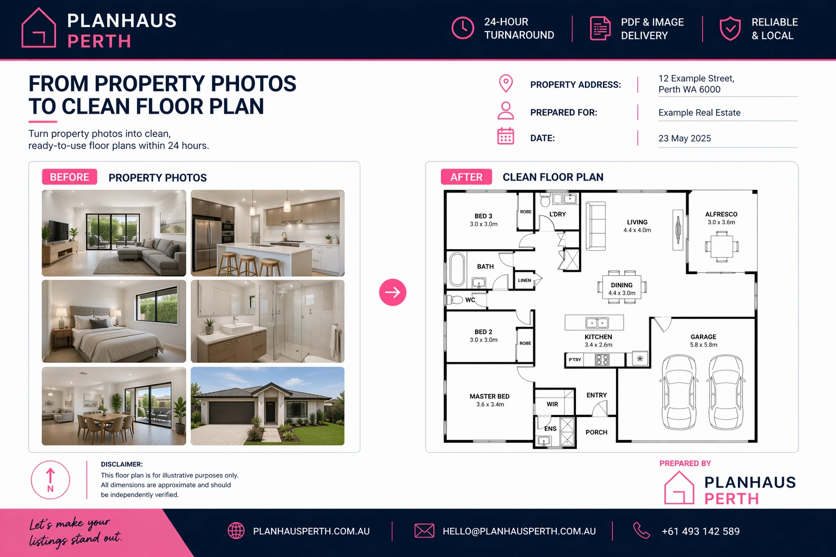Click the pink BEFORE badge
coord(70,177)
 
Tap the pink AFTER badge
coord(466,177)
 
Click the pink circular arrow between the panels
coord(392,292)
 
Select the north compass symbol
coord(51,480)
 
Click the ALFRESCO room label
coord(721,214)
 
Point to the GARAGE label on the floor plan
coord(703,337)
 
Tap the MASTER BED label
coord(489,396)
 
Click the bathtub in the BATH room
coord(457,270)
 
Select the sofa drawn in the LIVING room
coord(595,226)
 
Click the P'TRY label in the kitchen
coord(575,360)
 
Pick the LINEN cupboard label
coord(524,280)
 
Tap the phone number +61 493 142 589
coord(700,531)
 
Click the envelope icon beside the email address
coord(425,531)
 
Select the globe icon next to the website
coord(236,531)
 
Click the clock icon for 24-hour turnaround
coord(463,28)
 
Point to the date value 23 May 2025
coord(685,138)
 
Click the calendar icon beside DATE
coord(506,136)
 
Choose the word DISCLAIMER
coord(122,465)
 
